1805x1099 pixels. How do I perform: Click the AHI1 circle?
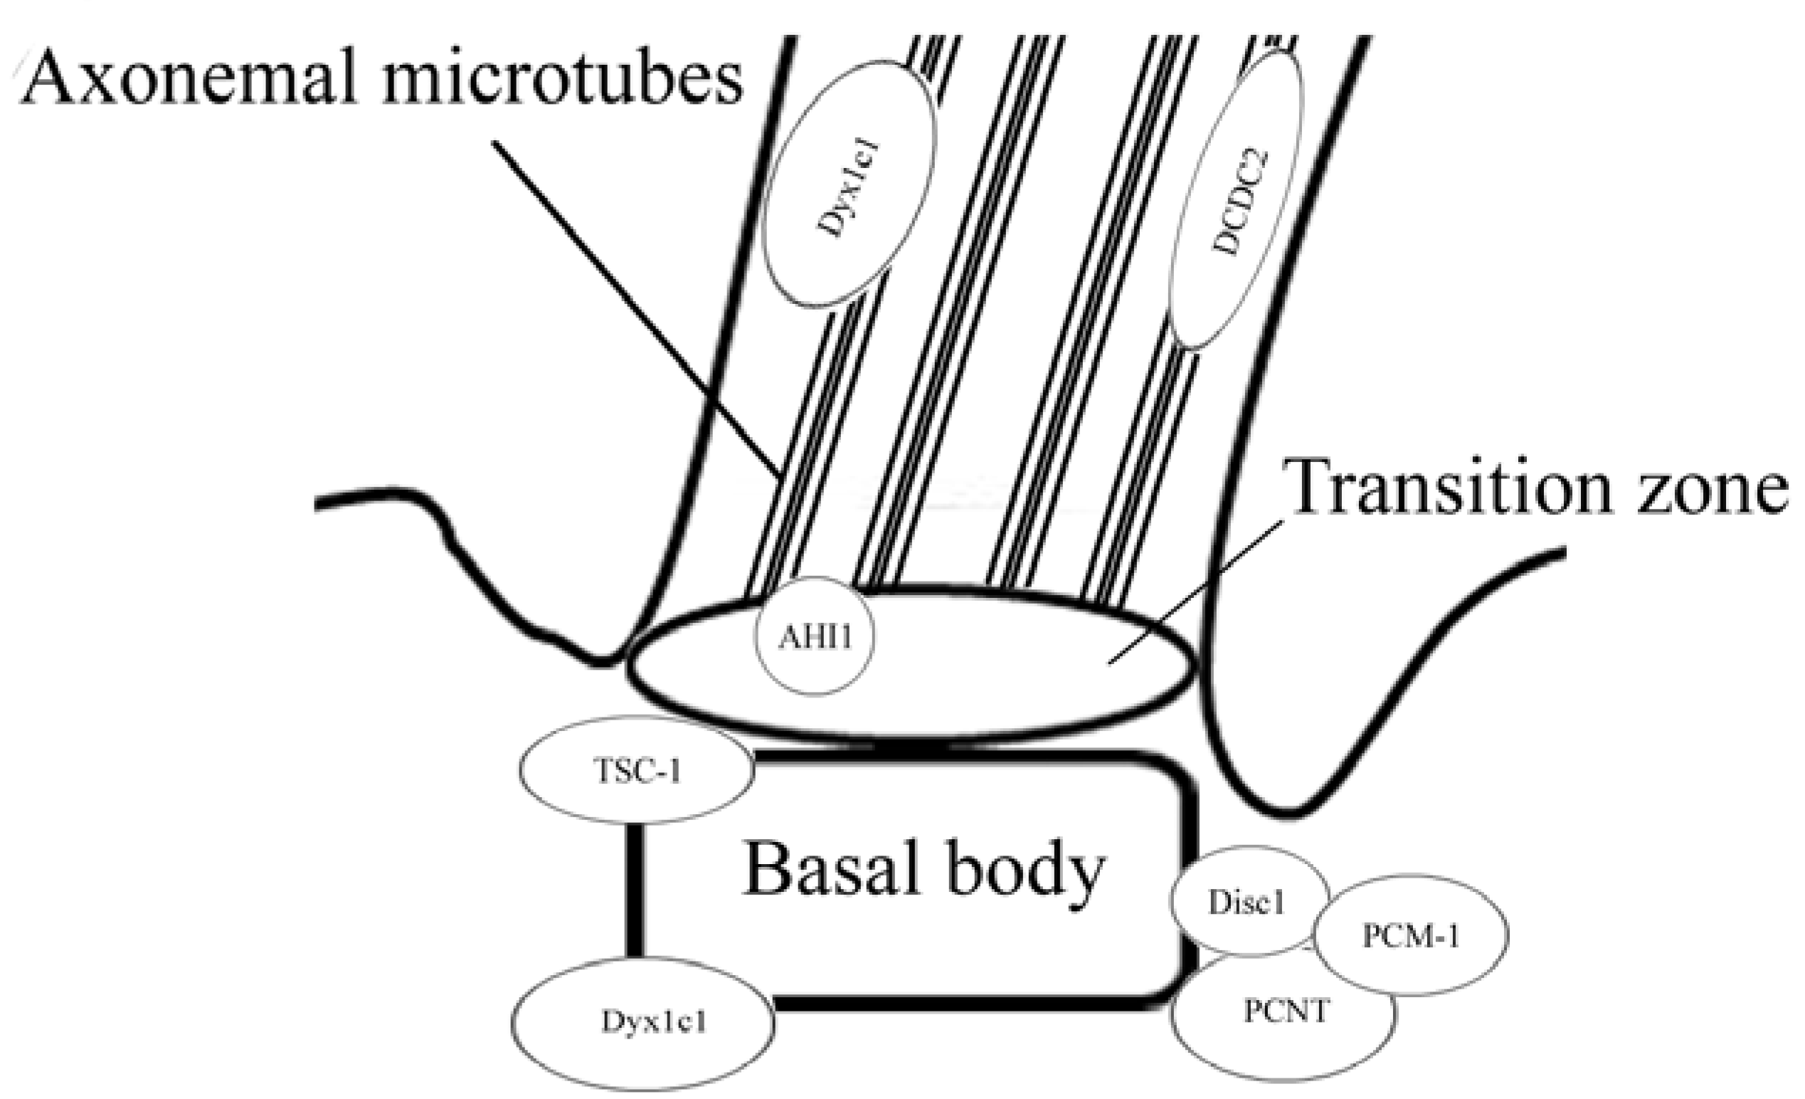coord(815,636)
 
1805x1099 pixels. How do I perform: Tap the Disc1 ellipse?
coord(1247,902)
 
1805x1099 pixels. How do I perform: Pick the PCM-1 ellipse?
coord(1410,935)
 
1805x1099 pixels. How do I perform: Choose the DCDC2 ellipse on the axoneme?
coord(1236,201)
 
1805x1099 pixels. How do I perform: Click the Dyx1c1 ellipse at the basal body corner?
coord(642,1021)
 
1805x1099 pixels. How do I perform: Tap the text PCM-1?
coord(1410,936)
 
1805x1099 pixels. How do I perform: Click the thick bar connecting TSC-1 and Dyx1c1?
coord(635,890)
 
